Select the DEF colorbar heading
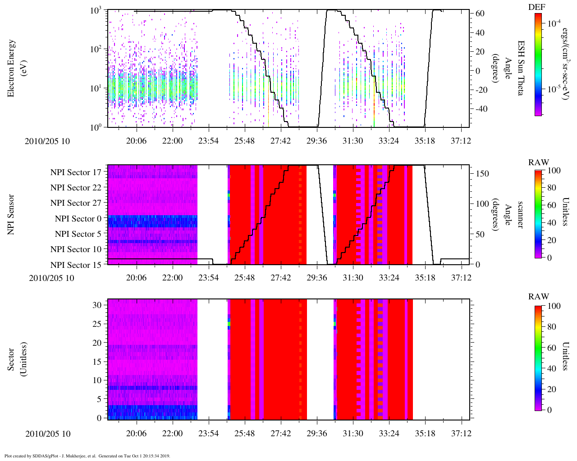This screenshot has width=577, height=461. [x=536, y=7]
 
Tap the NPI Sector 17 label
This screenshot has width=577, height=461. [x=76, y=172]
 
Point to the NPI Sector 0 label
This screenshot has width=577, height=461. [x=78, y=219]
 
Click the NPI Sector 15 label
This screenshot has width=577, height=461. [x=76, y=265]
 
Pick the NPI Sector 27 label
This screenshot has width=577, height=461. [x=76, y=203]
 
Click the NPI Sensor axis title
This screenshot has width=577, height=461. [x=11, y=214]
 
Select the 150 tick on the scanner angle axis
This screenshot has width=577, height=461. [x=482, y=174]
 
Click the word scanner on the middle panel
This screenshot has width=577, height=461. [x=520, y=214]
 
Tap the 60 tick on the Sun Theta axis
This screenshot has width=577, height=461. [x=480, y=14]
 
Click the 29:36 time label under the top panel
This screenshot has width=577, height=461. [x=316, y=141]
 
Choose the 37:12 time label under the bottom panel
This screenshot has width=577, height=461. [x=461, y=434]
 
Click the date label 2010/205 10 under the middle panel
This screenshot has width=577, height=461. [x=49, y=278]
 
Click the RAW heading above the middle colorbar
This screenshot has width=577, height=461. [x=539, y=163]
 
